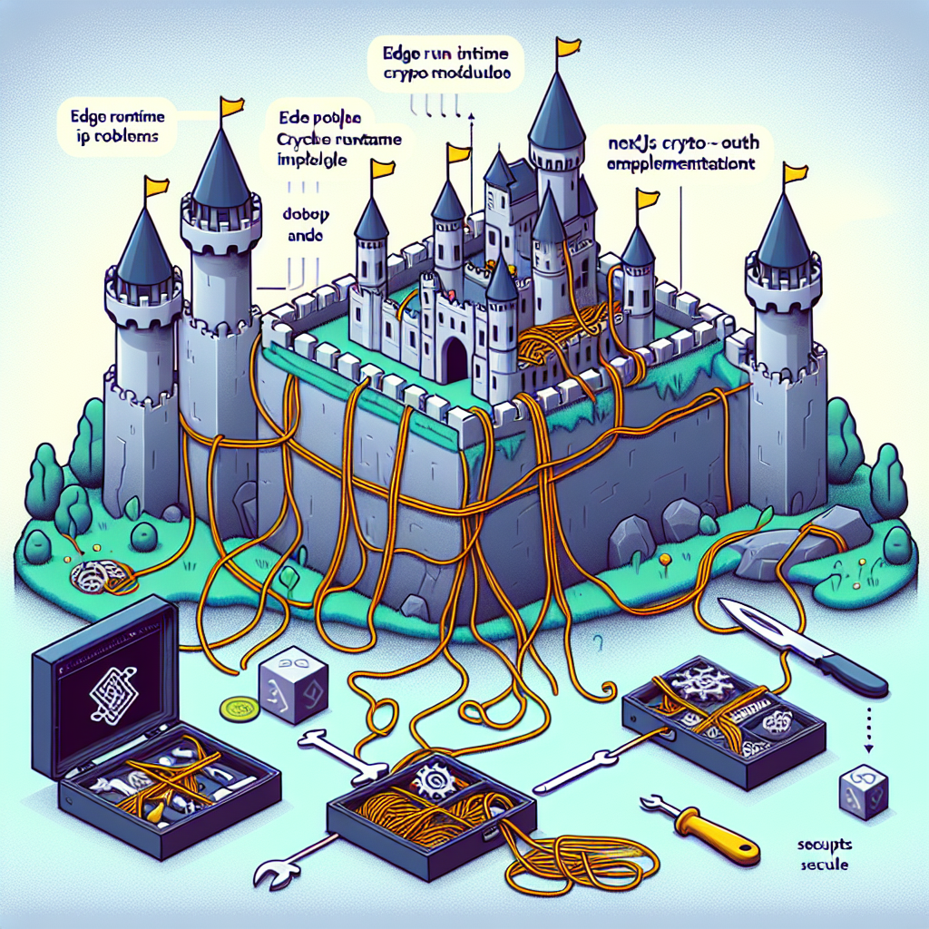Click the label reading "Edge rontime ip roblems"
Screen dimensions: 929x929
114,126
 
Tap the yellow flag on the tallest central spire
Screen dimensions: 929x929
569,46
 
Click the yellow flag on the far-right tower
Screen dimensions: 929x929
795,172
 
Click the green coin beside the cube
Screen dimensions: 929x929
237,707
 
